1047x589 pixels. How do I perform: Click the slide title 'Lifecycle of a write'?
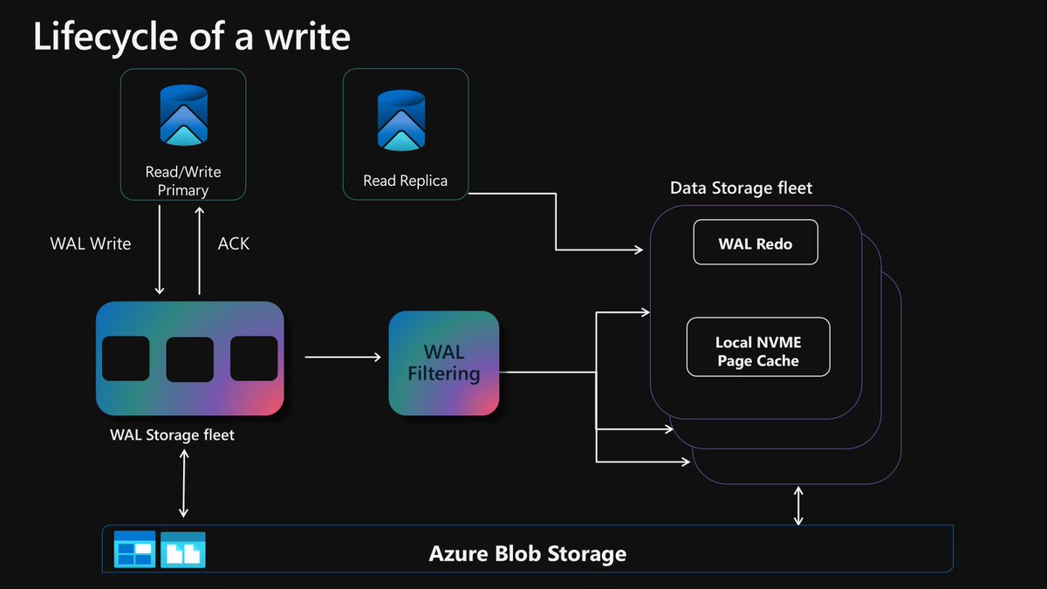point(192,37)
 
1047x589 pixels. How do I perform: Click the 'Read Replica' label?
point(405,181)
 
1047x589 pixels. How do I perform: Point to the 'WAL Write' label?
point(91,243)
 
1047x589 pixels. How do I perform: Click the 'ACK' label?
point(233,243)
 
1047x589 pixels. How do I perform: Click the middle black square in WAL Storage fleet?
point(190,359)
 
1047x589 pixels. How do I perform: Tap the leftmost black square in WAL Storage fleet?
point(126,359)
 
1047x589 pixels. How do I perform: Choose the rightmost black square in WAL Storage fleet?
point(254,359)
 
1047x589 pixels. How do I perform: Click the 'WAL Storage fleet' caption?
point(172,434)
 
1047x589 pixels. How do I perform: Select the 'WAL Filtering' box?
point(444,363)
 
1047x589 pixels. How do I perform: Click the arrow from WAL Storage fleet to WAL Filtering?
point(343,357)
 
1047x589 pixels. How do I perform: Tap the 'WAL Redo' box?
point(756,243)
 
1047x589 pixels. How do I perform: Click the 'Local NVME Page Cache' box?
point(757,347)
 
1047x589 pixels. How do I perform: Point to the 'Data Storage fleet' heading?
point(741,188)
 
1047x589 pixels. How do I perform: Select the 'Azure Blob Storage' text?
point(527,553)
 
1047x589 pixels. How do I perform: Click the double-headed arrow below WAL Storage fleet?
point(183,485)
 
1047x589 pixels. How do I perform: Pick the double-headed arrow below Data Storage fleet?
point(798,506)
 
